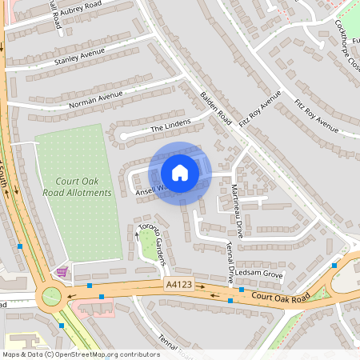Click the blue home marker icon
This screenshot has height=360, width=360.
point(180,173)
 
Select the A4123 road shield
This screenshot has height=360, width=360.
point(178,285)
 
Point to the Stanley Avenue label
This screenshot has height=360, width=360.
point(80,57)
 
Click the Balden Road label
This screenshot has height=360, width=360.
point(215,107)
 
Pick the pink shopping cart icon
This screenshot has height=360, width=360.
point(62,273)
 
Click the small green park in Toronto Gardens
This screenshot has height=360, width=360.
point(149,249)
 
